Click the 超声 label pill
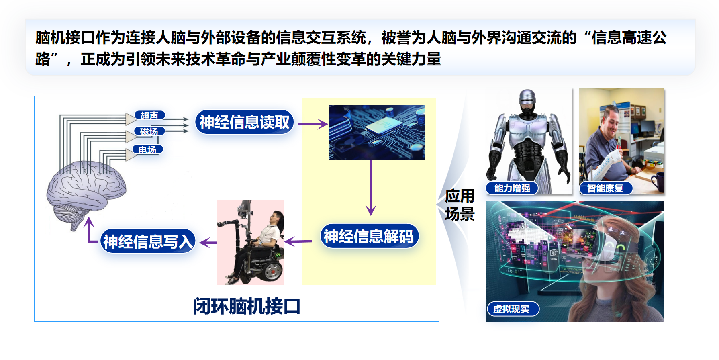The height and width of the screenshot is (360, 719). point(149,115)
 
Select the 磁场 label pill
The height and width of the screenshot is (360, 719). point(149,131)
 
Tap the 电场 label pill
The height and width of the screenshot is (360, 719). point(147,150)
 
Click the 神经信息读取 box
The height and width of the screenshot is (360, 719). point(244,122)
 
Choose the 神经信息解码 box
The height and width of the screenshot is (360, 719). point(369,236)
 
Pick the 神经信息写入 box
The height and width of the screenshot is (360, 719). point(148,241)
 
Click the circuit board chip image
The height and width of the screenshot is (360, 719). point(377,133)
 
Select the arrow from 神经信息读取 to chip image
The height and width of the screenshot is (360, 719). point(313,124)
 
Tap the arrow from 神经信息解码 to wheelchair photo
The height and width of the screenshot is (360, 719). point(298,241)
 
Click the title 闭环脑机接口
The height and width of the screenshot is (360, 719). point(247,306)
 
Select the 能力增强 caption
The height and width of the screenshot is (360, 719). point(512,188)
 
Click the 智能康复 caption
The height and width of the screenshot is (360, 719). point(605,188)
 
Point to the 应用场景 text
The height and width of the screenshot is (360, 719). point(460,205)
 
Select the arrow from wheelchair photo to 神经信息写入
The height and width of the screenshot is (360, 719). point(208,242)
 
